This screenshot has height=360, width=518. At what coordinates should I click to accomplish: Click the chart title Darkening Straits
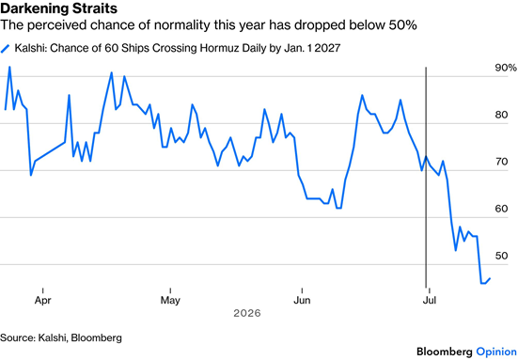(59, 8)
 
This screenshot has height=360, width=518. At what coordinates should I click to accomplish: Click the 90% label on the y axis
(506, 68)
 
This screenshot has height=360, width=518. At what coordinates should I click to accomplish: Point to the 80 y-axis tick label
(501, 115)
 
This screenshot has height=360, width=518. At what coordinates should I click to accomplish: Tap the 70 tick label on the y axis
(501, 162)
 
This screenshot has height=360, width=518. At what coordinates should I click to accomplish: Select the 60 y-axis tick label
(501, 209)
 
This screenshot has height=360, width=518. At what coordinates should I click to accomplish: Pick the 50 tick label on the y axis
(501, 256)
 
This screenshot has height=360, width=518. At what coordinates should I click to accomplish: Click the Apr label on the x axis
(43, 301)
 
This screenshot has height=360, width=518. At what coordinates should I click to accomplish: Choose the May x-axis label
(170, 301)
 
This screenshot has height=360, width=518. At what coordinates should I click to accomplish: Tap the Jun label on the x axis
(302, 300)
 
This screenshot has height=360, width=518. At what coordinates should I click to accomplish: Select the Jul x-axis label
(429, 300)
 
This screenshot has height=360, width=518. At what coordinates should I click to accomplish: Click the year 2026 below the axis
(247, 313)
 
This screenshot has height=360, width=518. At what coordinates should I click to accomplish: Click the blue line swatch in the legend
(6, 49)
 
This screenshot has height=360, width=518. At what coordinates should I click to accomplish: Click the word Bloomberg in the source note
(97, 337)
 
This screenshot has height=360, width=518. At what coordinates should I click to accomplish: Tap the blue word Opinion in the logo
(496, 352)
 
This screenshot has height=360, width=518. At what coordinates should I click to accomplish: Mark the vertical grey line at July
(426, 178)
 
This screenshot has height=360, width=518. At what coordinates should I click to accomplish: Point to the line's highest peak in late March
(9, 67)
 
